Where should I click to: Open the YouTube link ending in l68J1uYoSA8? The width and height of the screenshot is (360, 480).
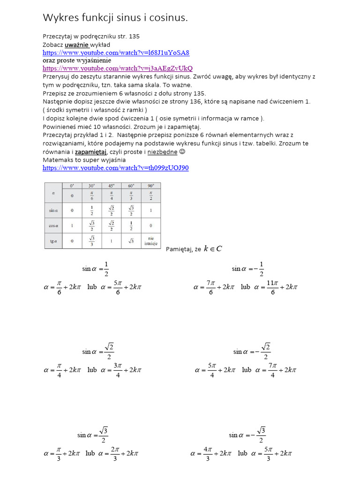point(116,52)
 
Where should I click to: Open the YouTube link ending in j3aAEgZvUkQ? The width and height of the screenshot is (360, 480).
point(118,68)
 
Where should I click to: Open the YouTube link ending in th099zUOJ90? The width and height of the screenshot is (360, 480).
point(115,167)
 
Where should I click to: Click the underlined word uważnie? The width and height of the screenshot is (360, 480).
point(76,45)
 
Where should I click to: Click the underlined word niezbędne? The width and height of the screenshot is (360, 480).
point(162,152)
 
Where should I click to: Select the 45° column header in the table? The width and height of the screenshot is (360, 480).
point(111,186)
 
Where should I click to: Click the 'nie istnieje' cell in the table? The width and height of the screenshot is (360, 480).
point(150,241)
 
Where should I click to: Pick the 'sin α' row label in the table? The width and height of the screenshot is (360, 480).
point(53,210)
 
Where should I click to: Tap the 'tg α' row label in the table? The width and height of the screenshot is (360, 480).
point(53,241)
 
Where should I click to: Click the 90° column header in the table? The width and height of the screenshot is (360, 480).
point(150,186)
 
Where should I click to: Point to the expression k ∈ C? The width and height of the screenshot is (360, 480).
point(212,249)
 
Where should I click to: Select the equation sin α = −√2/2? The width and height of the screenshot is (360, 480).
point(251,351)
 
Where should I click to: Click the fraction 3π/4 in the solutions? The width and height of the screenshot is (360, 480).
point(118,370)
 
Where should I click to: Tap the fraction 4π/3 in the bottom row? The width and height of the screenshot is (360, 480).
point(208,454)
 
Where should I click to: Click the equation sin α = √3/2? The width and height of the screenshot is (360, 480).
point(93,435)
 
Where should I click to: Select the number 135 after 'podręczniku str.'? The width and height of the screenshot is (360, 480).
point(134,37)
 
